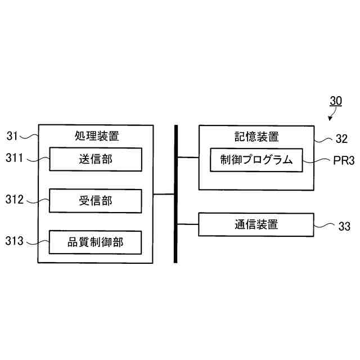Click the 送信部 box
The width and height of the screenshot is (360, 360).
coord(95,159)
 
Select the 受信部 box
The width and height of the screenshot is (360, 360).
coord(95,201)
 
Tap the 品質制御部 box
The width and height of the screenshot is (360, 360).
coord(95,242)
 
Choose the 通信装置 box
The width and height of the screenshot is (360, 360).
coord(256,224)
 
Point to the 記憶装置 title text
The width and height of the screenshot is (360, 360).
coord(256,136)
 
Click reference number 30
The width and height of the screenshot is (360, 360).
coord(335,101)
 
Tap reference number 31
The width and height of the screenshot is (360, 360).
coord(12,136)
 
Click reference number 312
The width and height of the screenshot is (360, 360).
coord(15,199)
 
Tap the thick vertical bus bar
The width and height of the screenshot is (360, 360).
coord(175,193)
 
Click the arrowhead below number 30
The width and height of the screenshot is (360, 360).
coord(329,119)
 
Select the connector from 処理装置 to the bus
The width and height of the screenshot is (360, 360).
coord(164,194)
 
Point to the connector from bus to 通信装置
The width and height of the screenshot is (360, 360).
coord(188,224)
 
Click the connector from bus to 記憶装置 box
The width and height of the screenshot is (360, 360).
coord(188,158)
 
